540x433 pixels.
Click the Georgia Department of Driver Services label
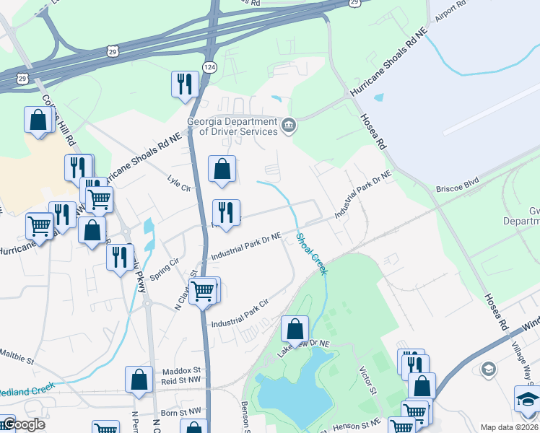pyautogui.click(x=232, y=126)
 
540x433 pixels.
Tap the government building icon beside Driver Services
pyautogui.click(x=289, y=126)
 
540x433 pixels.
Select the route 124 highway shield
pyautogui.click(x=209, y=67)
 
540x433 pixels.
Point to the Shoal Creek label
pyautogui.click(x=310, y=253)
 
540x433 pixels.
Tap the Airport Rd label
pyautogui.click(x=452, y=15)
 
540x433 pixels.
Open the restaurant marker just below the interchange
pyautogui.click(x=185, y=84)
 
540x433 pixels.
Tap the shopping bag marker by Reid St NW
pyautogui.click(x=139, y=379)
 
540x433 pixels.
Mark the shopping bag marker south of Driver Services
pyautogui.click(x=222, y=169)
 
